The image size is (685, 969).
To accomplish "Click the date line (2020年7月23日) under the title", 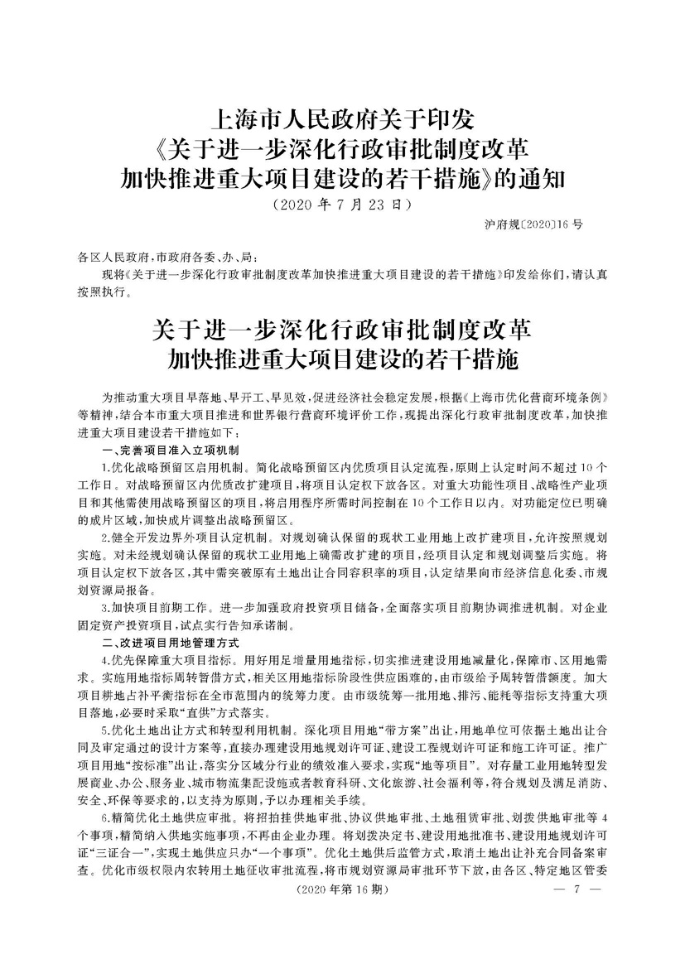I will point(342,202).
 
